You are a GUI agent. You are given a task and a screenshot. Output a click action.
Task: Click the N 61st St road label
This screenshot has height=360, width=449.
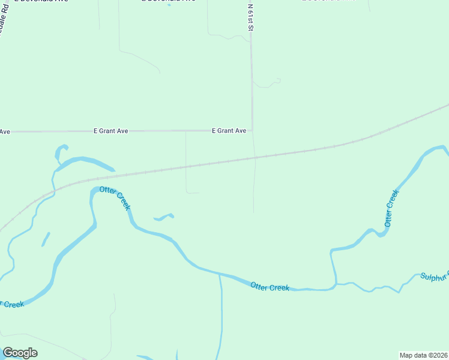(250, 17)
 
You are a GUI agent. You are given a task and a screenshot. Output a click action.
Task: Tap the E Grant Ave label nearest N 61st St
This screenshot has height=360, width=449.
(229, 130)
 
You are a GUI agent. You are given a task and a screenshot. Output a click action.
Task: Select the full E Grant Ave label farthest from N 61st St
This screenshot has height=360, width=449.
(111, 130)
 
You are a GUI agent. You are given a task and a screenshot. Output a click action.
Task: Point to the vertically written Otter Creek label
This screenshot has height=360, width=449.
(391, 208)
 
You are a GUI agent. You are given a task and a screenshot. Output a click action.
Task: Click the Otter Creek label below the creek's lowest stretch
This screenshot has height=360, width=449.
(270, 287)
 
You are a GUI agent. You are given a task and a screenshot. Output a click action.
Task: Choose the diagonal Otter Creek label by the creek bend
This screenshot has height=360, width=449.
(115, 197)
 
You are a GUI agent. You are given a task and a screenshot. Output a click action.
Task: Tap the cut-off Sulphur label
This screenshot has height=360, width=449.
(433, 277)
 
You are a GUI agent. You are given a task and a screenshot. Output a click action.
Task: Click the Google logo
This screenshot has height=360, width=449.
(20, 353)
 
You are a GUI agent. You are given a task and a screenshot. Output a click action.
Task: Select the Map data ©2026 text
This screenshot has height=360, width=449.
(423, 355)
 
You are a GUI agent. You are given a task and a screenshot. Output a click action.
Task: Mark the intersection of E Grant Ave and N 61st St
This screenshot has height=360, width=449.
(252, 130)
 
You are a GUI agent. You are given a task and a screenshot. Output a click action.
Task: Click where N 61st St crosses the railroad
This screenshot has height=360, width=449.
(255, 158)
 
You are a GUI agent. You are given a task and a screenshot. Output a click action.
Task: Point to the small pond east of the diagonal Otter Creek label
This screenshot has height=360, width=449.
(164, 217)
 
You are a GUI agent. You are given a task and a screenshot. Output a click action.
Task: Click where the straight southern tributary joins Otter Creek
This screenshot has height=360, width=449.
(219, 274)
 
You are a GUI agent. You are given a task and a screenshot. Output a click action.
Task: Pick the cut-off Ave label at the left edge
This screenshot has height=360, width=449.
(5, 131)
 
